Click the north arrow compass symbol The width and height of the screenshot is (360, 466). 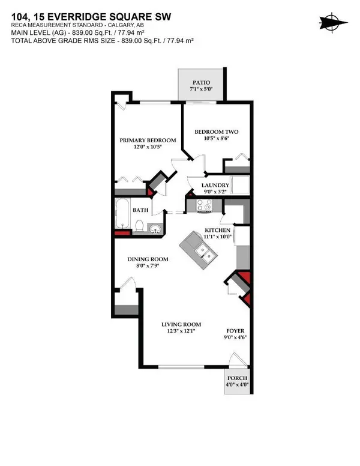tap(334, 22)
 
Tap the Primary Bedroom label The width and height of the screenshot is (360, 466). tap(148, 140)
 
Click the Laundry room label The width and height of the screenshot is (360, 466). tap(213, 185)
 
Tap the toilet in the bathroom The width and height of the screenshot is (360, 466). tap(139, 227)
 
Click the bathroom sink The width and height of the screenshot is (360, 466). tap(155, 229)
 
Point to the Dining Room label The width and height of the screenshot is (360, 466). tap(147, 259)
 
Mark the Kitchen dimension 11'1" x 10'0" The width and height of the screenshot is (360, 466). tap(216, 237)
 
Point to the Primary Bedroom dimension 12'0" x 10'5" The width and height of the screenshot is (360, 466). tap(148, 148)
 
